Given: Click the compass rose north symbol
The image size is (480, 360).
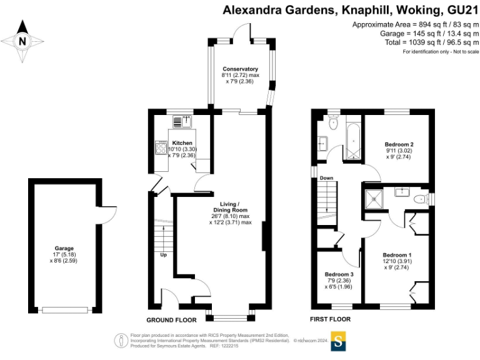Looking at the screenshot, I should click(23, 41).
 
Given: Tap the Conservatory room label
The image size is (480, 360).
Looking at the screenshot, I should click(241, 69).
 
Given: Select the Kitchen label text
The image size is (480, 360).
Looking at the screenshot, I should click(182, 143).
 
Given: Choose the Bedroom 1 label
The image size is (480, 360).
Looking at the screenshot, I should click(397, 255).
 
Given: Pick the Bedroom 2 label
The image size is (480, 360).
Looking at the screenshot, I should click(399, 144).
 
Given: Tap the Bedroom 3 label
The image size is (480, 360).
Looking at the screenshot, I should click(339, 274).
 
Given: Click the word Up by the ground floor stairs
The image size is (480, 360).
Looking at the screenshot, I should click(164, 255).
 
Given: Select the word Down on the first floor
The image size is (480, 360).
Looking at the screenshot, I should click(326, 178).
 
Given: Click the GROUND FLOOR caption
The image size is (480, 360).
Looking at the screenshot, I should click(172, 319).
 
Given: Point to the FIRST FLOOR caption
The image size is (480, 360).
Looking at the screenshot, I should click(331, 319).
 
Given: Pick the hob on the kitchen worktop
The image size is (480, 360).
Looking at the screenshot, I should click(160, 147).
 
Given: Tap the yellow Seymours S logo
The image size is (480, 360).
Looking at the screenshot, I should click(339, 341).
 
